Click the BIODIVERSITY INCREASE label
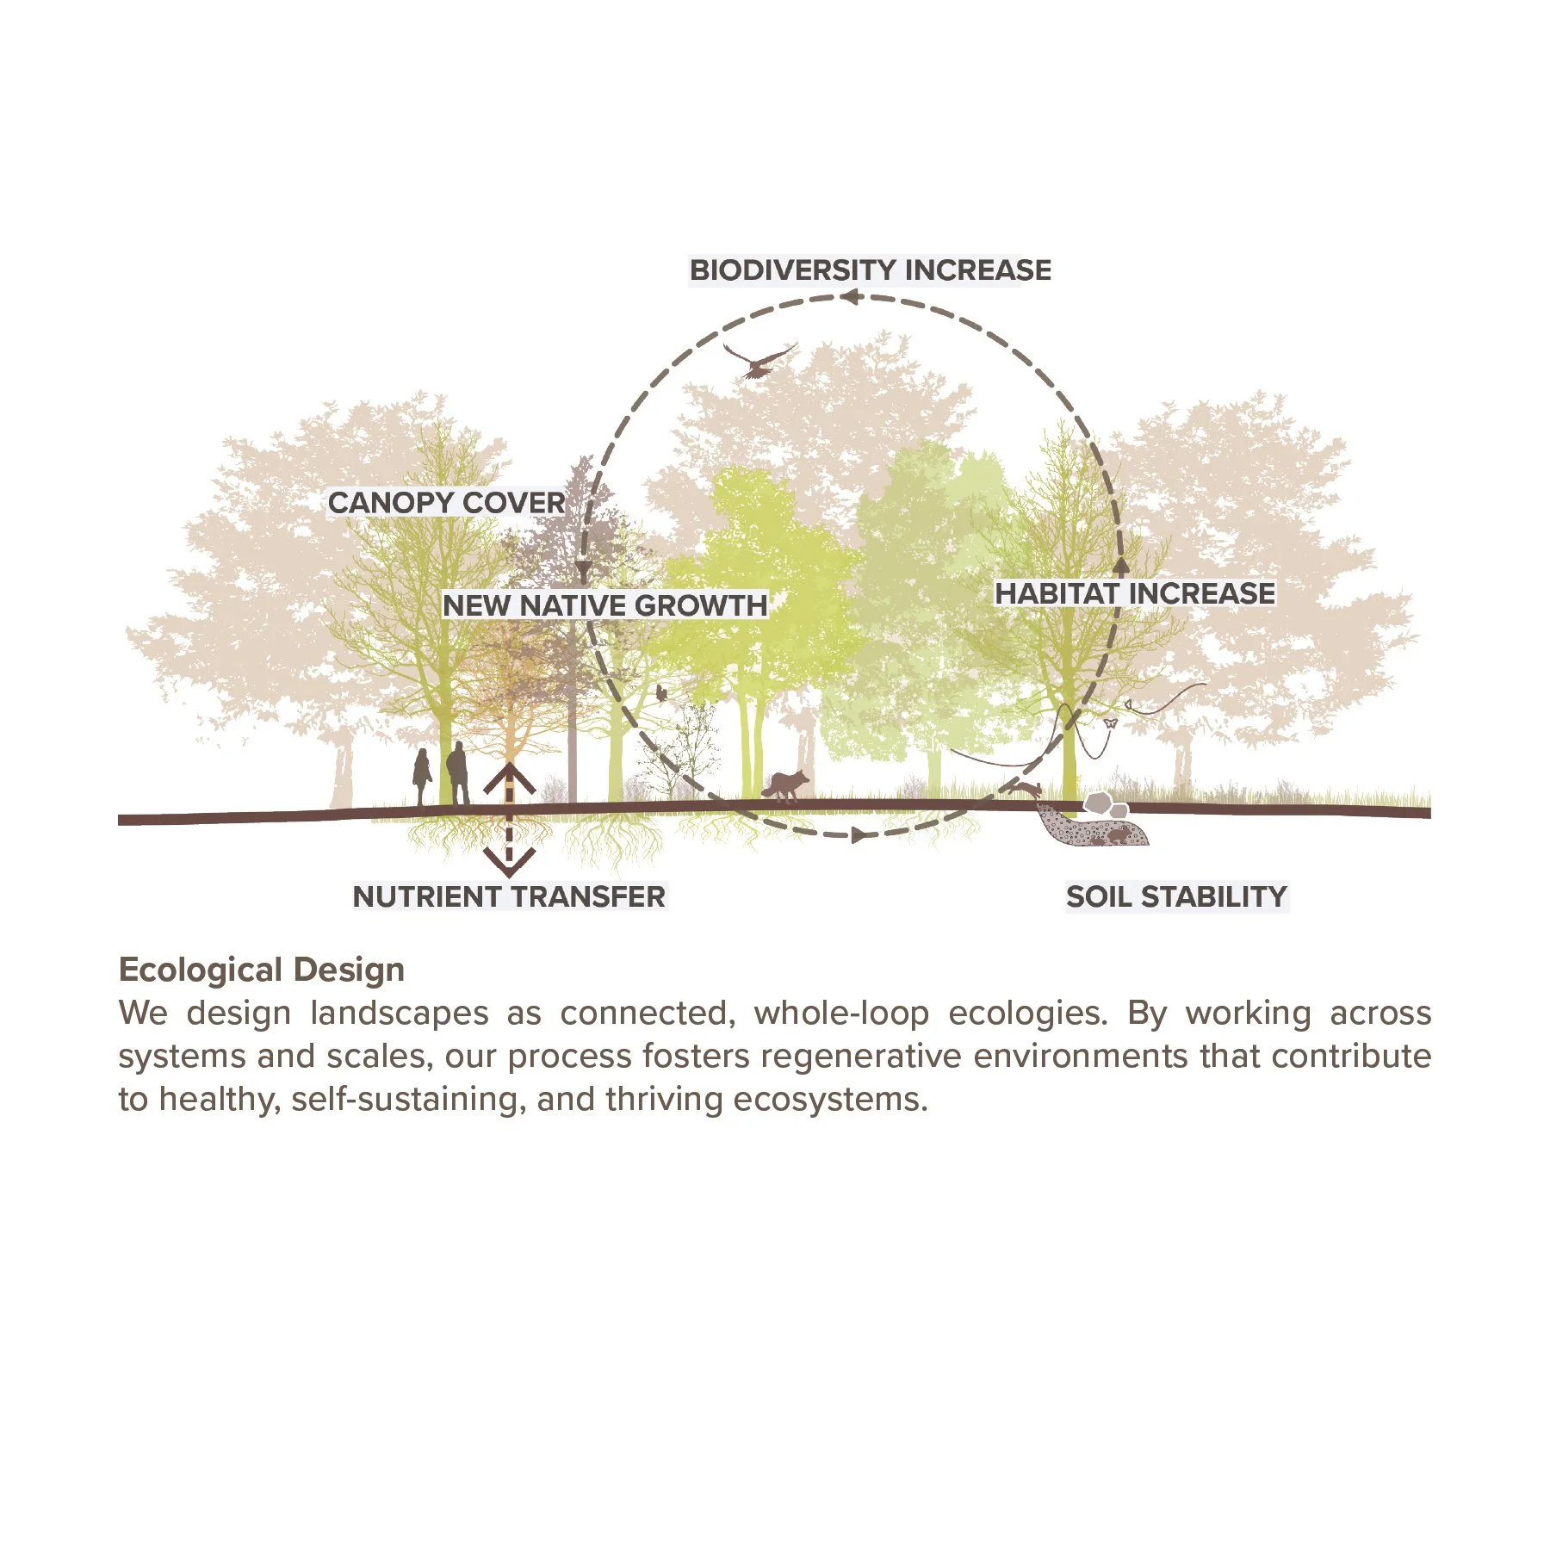point(870,270)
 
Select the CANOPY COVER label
point(446,503)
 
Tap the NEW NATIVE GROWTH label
point(604,605)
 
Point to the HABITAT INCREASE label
point(1135,593)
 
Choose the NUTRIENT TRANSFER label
point(509,896)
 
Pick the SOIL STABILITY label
point(1176,896)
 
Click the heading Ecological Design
point(262,970)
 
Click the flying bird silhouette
point(759,360)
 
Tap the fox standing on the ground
point(786,784)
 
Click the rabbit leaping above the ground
point(1026,790)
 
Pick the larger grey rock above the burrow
point(1098,804)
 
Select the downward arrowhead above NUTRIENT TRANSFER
point(509,861)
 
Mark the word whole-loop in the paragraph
point(841,1014)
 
